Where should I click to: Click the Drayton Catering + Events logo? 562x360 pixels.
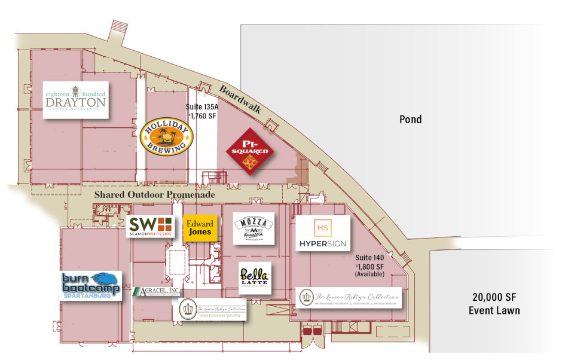click(76, 99)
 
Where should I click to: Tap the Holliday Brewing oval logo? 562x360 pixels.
click(166, 136)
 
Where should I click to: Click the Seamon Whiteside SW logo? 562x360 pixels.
click(151, 226)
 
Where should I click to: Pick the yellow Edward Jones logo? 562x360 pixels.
click(199, 228)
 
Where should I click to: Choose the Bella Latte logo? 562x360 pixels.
click(255, 277)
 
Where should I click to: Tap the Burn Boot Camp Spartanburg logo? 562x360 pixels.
click(91, 286)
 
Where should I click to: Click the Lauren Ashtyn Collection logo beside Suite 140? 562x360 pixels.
click(349, 298)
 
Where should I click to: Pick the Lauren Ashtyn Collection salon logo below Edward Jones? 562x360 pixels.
click(212, 309)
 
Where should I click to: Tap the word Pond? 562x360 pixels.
click(410, 120)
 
